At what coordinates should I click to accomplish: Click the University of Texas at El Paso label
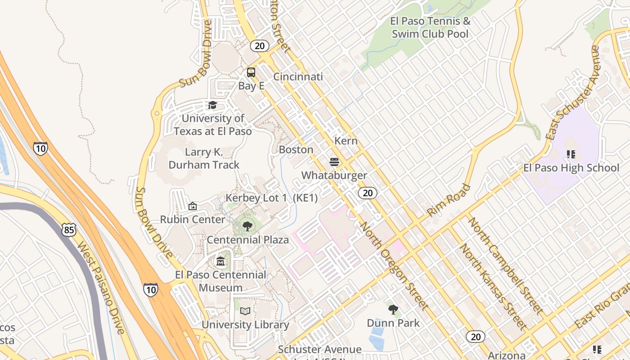[x=212, y=125]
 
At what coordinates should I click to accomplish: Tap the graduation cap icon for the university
[x=212, y=105]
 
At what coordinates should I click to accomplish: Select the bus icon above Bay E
[x=251, y=72]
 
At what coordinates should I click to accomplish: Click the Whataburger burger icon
[x=334, y=162]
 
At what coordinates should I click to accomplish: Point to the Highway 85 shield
[x=69, y=230]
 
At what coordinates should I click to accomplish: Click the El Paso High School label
[x=571, y=168]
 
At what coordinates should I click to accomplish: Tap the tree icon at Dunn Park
[x=393, y=309]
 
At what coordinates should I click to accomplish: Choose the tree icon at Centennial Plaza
[x=247, y=226]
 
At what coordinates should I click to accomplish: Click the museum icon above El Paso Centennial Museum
[x=220, y=261]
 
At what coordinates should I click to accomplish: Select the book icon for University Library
[x=245, y=311]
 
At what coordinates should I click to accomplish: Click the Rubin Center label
[x=193, y=220]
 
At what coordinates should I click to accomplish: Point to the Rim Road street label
[x=448, y=200]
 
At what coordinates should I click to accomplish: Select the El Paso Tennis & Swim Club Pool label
[x=430, y=27]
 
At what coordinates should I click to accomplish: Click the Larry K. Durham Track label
[x=204, y=158]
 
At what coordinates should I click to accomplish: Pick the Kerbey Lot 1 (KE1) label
[x=271, y=198]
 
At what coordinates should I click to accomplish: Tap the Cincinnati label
[x=298, y=76]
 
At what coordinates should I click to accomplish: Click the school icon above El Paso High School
[x=571, y=155]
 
